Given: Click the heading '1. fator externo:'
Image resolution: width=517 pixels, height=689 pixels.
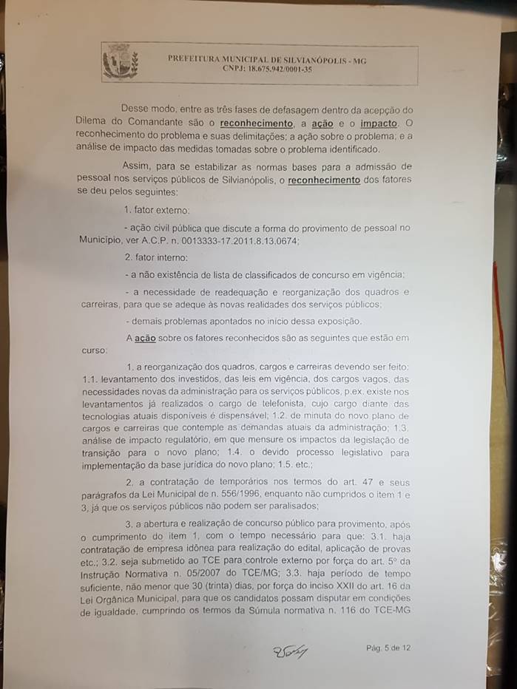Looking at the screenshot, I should (x=158, y=211).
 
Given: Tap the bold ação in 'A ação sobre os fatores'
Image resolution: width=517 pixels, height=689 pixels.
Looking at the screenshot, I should (x=145, y=339).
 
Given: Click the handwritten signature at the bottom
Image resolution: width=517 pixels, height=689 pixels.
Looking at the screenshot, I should (x=290, y=651).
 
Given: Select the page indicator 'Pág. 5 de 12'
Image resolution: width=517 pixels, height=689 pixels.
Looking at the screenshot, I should (x=388, y=648).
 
